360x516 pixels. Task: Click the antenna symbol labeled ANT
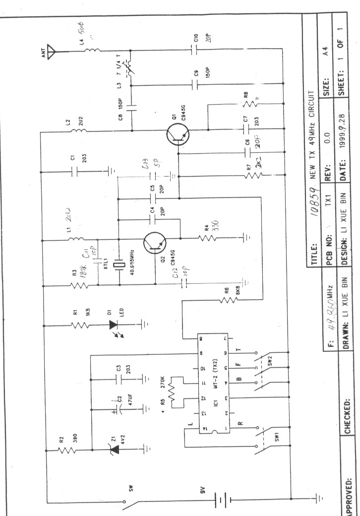point(56,50)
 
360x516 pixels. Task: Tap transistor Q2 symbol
point(153,242)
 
